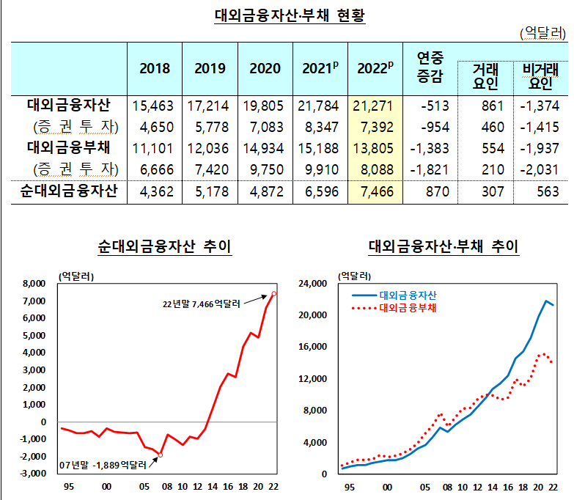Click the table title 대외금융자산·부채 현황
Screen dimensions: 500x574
click(x=290, y=15)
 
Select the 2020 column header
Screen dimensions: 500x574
click(x=265, y=68)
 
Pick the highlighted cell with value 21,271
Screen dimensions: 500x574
click(x=375, y=106)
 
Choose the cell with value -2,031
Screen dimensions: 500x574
click(x=538, y=170)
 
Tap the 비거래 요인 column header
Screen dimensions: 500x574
click(x=539, y=76)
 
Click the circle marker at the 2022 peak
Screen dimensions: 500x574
click(x=274, y=294)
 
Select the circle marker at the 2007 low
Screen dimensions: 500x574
click(x=161, y=455)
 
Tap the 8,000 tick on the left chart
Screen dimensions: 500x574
click(x=34, y=284)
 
